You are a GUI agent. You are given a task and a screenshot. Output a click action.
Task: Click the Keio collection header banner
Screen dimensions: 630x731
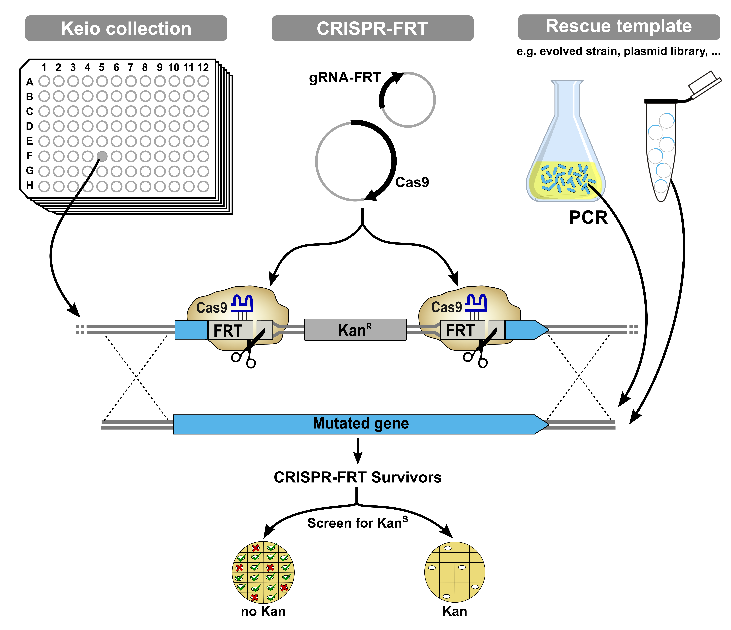(126, 28)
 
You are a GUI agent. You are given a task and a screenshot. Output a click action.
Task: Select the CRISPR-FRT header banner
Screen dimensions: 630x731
(372, 28)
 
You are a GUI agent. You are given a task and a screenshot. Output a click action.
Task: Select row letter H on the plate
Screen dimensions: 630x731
(30, 186)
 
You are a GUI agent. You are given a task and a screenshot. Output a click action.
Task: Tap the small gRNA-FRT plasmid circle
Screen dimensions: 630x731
(408, 100)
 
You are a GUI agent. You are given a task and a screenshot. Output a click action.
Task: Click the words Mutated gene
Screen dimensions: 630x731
(361, 423)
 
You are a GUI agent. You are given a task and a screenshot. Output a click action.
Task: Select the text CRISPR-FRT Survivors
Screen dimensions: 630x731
(357, 477)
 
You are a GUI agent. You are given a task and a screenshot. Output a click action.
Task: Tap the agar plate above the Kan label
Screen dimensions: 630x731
(455, 572)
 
